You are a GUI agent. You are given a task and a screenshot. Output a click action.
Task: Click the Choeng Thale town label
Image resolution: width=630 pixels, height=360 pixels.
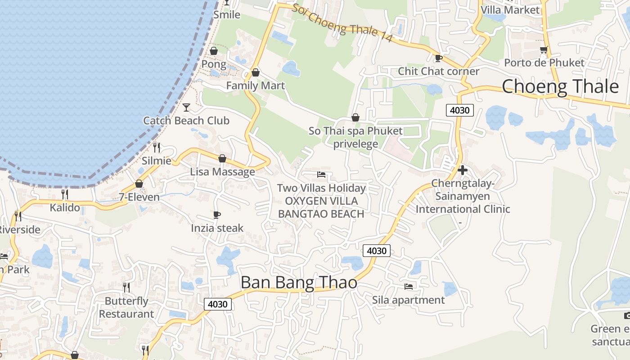click(560, 86)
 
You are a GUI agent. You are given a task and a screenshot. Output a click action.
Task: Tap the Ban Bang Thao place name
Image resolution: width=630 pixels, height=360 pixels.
click(299, 283)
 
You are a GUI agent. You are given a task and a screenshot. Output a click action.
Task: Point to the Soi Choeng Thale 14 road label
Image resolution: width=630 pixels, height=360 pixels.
click(342, 24)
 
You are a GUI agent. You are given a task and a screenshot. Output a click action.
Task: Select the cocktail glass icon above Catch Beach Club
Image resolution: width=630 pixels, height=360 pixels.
click(186, 107)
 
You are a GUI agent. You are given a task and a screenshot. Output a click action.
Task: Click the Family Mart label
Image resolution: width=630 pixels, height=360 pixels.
click(255, 85)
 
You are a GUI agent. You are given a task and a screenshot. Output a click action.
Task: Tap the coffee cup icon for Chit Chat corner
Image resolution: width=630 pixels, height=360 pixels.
click(438, 58)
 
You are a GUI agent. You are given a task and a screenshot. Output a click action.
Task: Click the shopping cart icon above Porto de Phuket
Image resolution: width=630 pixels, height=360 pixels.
click(544, 49)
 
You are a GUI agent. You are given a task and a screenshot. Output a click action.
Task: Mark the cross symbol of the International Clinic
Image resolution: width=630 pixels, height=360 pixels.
click(462, 170)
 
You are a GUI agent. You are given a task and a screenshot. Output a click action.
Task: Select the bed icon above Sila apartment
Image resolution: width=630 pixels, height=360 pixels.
click(409, 286)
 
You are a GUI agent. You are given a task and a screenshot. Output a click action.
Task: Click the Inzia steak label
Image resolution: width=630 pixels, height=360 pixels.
click(217, 228)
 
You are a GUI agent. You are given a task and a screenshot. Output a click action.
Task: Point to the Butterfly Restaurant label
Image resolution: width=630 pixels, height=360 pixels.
click(126, 307)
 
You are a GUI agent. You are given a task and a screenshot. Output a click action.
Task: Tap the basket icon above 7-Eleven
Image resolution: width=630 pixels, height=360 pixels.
click(139, 184)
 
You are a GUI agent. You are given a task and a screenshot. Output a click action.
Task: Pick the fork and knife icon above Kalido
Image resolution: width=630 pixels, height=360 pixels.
click(65, 194)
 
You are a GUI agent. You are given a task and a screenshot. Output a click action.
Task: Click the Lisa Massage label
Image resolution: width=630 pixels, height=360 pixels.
click(222, 171)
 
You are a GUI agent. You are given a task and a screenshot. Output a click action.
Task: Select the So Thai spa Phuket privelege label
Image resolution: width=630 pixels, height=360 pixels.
click(355, 137)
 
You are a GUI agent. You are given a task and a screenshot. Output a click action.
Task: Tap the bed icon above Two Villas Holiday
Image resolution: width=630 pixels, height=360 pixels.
click(321, 175)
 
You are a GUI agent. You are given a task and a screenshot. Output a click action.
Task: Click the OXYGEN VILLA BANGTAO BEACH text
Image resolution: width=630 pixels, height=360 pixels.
click(321, 207)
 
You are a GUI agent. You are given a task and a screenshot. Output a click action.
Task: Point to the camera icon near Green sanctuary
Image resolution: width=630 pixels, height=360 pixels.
click(627, 315)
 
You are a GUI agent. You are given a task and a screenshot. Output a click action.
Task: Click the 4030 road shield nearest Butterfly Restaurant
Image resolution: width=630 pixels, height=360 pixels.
click(218, 304)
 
